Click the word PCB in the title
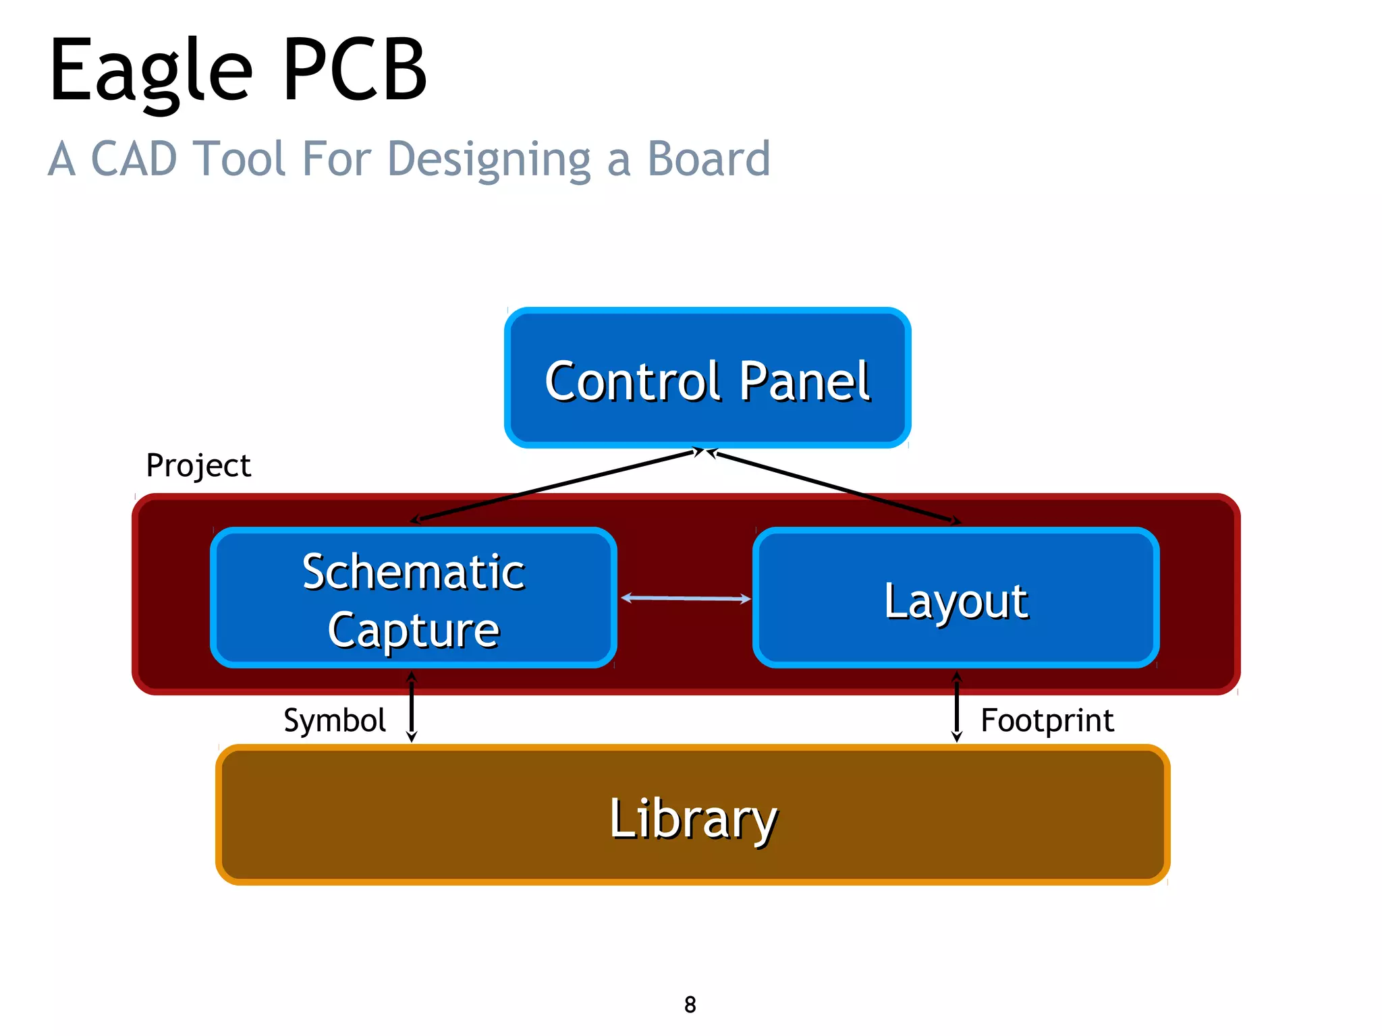pyautogui.click(x=354, y=71)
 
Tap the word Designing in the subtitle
pyautogui.click(x=489, y=161)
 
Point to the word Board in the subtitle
pyautogui.click(x=708, y=159)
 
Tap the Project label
pyautogui.click(x=198, y=465)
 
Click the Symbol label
pyautogui.click(x=334, y=720)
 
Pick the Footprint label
pyautogui.click(x=1047, y=720)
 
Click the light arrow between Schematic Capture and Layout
pyautogui.click(x=686, y=598)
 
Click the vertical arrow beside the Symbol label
pyautogui.click(x=412, y=707)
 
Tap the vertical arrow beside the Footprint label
pyautogui.click(x=956, y=707)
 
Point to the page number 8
pyautogui.click(x=690, y=1004)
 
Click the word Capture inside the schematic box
pyautogui.click(x=413, y=630)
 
